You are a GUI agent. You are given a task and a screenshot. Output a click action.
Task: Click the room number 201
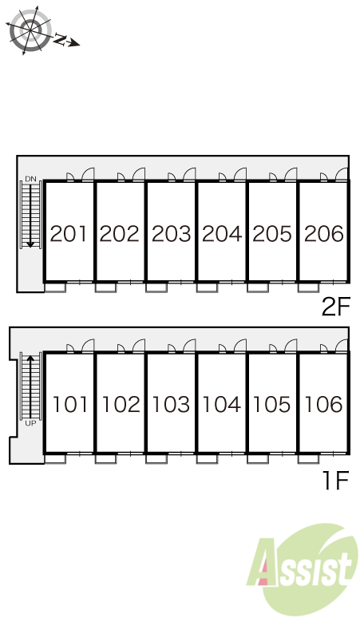69,234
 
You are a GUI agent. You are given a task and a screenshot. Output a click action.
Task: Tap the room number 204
222,234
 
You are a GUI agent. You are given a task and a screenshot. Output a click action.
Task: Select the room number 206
324,234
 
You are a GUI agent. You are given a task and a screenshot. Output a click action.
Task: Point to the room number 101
69,404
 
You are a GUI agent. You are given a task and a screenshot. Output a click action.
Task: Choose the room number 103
171,404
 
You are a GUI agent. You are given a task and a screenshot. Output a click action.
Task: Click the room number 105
271,404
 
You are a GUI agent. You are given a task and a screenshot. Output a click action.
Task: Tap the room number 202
120,234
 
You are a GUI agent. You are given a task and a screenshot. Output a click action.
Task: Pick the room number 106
324,404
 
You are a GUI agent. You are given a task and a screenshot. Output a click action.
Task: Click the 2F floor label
335,307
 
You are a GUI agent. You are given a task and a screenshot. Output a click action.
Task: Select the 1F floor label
336,481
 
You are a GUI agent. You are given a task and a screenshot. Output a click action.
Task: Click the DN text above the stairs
30,179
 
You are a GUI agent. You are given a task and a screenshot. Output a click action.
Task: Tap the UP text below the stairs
30,424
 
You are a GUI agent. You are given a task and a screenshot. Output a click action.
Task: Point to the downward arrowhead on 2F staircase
30,245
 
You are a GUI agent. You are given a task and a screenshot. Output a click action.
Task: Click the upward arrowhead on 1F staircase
30,359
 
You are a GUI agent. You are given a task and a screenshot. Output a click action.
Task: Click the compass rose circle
30,30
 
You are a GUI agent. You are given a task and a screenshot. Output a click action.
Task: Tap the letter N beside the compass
60,38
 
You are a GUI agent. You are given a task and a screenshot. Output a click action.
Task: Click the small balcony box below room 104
207,458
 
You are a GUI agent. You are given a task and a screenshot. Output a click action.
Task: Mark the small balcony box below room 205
258,287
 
